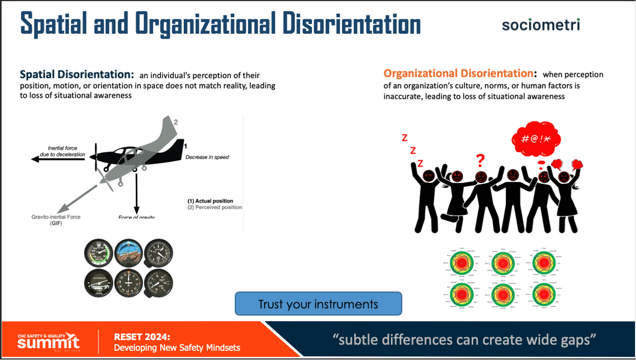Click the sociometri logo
[x=542, y=24]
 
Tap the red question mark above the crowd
[x=480, y=161]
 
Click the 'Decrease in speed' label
[x=207, y=157]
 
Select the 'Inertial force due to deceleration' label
[x=63, y=151]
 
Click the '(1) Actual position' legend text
[x=210, y=201]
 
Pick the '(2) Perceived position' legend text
[x=215, y=207]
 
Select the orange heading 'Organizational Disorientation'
[x=458, y=74]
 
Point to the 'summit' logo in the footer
[x=49, y=342]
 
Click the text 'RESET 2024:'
[x=142, y=336]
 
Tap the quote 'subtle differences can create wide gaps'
[x=465, y=340]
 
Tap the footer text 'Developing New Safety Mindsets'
[x=177, y=348]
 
